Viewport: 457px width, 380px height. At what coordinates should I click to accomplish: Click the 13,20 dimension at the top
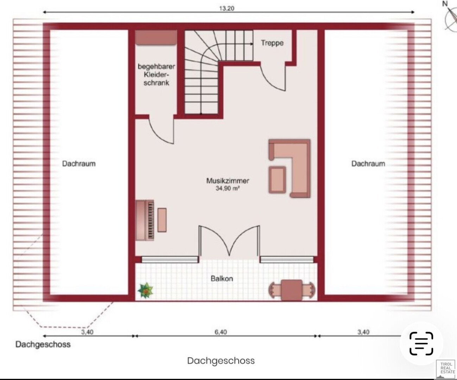pyautogui.click(x=227, y=8)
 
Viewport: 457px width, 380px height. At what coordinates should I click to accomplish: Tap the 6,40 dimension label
pyautogui.click(x=221, y=332)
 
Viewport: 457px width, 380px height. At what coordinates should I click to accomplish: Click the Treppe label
pyautogui.click(x=272, y=43)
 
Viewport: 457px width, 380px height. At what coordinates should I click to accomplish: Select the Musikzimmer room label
pyautogui.click(x=228, y=180)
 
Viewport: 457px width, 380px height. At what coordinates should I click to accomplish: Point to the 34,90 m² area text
pyautogui.click(x=227, y=188)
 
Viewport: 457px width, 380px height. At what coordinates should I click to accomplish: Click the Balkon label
pyautogui.click(x=222, y=279)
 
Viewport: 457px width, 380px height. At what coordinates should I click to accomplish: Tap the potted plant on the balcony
pyautogui.click(x=145, y=291)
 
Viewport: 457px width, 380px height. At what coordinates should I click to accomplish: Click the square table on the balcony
pyautogui.click(x=292, y=290)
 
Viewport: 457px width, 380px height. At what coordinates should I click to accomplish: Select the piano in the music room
pyautogui.click(x=145, y=220)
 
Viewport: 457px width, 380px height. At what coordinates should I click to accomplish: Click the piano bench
pyautogui.click(x=162, y=220)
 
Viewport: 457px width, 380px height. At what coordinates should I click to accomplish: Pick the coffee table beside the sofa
pyautogui.click(x=277, y=180)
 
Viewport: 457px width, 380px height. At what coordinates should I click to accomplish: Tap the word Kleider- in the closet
pyautogui.click(x=156, y=75)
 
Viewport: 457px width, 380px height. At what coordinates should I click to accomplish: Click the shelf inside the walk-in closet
pyautogui.click(x=156, y=38)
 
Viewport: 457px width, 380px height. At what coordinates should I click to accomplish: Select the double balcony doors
pyautogui.click(x=229, y=241)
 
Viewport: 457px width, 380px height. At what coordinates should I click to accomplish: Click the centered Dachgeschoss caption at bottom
pyautogui.click(x=221, y=361)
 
